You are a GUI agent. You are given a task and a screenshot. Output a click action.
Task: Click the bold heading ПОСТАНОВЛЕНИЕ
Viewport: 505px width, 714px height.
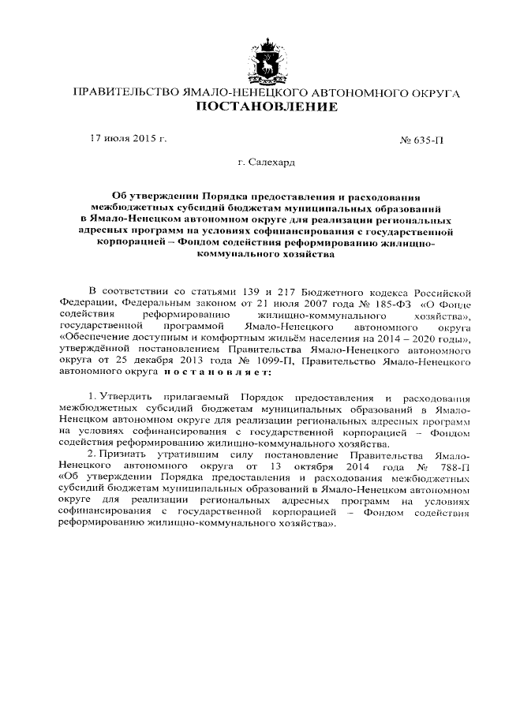[x=266, y=107]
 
